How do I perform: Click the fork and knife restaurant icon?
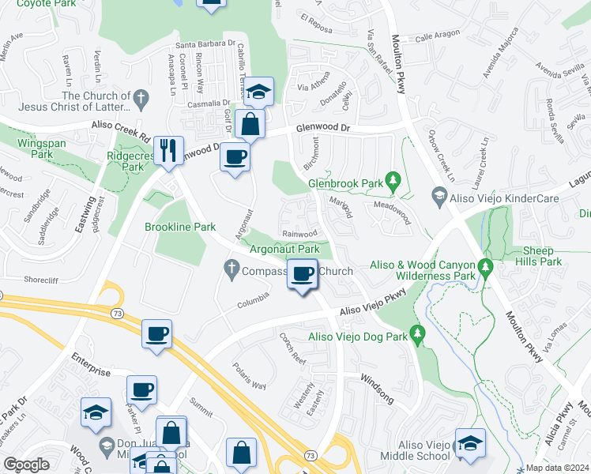pyautogui.click(x=168, y=150)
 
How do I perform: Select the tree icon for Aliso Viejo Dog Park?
pyautogui.click(x=418, y=336)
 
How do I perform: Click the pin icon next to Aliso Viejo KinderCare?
pyautogui.click(x=439, y=194)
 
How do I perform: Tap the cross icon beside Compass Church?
pyautogui.click(x=232, y=270)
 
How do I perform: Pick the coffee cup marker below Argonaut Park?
pyautogui.click(x=302, y=274)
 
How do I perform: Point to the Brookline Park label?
pyautogui.click(x=180, y=227)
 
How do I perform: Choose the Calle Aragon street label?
pyautogui.click(x=436, y=37)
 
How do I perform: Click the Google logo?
pyautogui.click(x=26, y=465)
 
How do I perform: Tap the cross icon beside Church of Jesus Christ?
pyautogui.click(x=141, y=100)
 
